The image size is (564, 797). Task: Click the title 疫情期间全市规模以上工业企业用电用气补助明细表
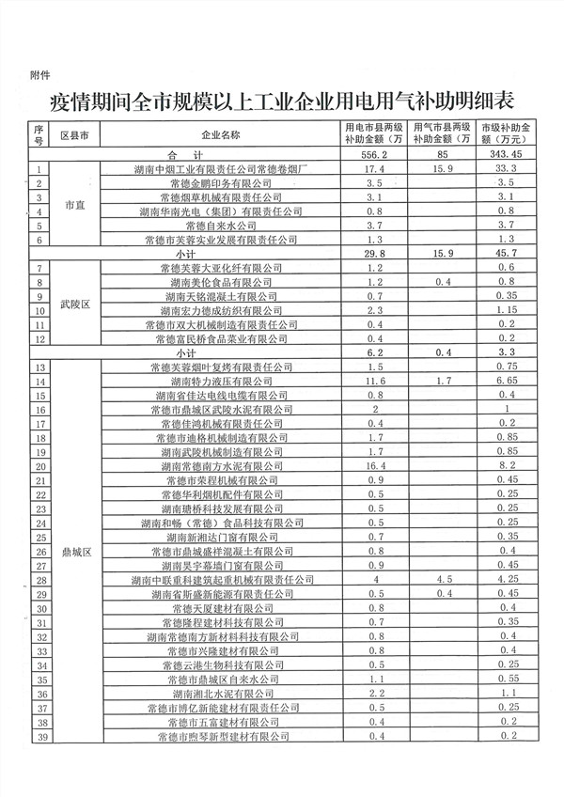click(282, 101)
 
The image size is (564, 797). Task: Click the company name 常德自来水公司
click(221, 226)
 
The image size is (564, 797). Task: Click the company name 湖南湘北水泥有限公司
click(221, 693)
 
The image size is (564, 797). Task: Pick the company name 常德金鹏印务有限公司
click(221, 182)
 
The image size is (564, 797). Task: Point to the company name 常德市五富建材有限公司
click(221, 722)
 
